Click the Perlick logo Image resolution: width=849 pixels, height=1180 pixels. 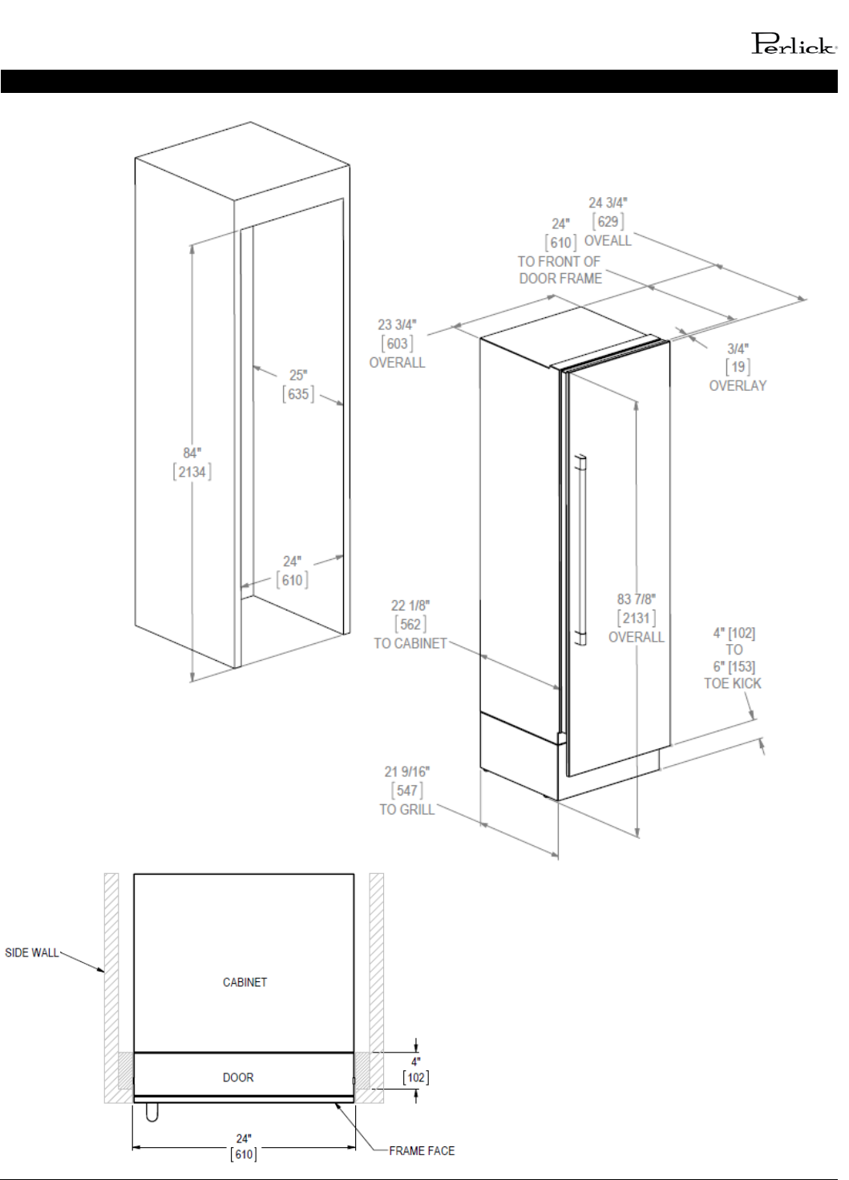click(x=794, y=44)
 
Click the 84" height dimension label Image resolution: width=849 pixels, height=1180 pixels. click(x=192, y=453)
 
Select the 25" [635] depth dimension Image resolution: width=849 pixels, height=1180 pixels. click(x=298, y=385)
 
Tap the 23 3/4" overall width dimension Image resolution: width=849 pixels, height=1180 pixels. click(x=397, y=344)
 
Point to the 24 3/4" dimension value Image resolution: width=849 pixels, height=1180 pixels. click(x=608, y=203)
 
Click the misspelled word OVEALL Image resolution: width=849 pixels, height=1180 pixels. click(x=608, y=241)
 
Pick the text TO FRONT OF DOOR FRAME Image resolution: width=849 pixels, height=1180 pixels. click(x=560, y=270)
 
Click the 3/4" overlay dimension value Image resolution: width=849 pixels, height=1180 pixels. click(x=738, y=348)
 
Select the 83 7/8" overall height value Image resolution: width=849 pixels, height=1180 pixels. click(x=637, y=599)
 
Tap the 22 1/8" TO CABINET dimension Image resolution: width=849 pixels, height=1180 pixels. click(x=410, y=625)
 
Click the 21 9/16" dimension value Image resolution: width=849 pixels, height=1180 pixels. click(x=407, y=771)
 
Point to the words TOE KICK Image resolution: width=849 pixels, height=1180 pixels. click(x=733, y=684)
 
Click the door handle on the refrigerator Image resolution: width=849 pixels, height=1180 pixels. click(x=581, y=550)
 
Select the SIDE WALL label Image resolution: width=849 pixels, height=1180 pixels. click(x=31, y=952)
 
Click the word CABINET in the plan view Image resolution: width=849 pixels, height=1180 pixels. click(x=245, y=982)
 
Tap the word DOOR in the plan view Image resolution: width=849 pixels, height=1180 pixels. click(x=238, y=1077)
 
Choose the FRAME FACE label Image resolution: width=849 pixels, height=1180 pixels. click(x=422, y=1151)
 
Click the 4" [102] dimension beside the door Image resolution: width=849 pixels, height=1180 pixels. click(x=416, y=1070)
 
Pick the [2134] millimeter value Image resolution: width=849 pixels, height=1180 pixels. click(x=192, y=472)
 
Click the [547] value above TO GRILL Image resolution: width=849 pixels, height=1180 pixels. click(x=407, y=790)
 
